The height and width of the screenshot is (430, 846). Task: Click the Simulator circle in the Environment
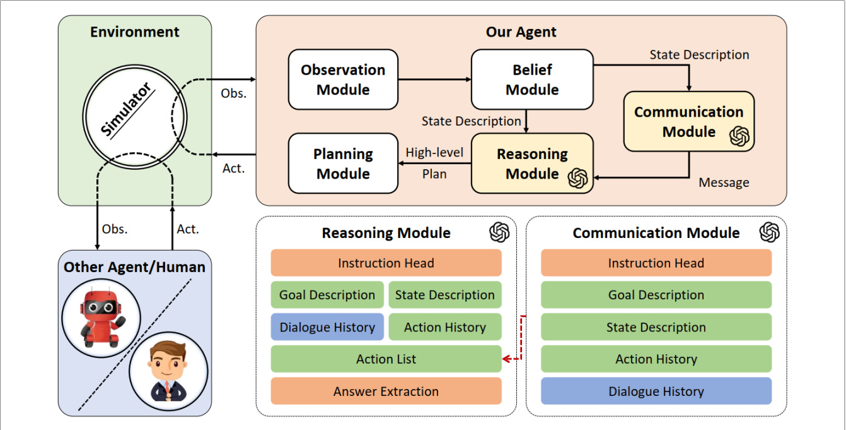135,110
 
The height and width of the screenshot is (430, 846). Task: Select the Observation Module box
343,80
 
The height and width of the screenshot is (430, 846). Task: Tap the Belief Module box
532,80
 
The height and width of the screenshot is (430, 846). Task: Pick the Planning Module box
343,164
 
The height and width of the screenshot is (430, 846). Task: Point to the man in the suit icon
168,369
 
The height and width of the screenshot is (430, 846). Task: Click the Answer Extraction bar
386,391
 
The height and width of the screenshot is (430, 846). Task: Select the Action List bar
386,359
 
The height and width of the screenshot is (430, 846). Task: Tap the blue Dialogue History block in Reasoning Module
327,327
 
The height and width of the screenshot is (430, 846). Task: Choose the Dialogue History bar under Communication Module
656,391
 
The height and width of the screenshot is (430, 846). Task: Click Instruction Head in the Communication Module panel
656,263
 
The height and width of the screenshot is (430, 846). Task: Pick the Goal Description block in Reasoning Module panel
327,295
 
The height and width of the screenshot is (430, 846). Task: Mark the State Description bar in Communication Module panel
656,327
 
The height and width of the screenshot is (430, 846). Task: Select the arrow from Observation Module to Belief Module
434,80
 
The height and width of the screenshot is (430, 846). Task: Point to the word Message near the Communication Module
724,182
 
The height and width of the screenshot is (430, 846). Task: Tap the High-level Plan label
434,162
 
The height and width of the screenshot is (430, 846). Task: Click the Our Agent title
521,32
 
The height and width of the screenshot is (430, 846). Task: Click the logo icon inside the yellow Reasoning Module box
577,179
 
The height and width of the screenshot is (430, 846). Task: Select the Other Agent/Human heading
134,267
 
